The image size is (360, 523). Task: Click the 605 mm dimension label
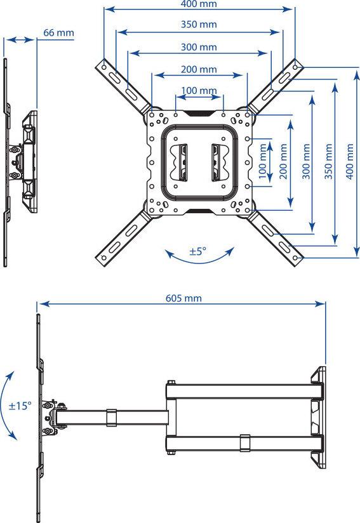pyautogui.click(x=183, y=298)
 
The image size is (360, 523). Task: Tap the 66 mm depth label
pyautogui.click(x=58, y=33)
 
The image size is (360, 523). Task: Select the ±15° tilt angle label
pyautogui.click(x=20, y=406)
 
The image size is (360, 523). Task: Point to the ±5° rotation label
pyautogui.click(x=198, y=251)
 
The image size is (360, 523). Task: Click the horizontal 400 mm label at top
pyautogui.click(x=199, y=4)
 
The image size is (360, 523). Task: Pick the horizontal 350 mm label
pyautogui.click(x=199, y=24)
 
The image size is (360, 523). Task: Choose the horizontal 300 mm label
pyautogui.click(x=199, y=47)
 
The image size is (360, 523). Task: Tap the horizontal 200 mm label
pyautogui.click(x=199, y=69)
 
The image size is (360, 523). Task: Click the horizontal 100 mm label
pyautogui.click(x=199, y=90)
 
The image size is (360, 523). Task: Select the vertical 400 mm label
pyautogui.click(x=349, y=162)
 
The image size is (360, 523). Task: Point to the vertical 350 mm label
pyautogui.click(x=328, y=162)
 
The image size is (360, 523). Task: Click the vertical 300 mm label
pyautogui.click(x=306, y=162)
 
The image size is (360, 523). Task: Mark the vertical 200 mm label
pyautogui.click(x=283, y=162)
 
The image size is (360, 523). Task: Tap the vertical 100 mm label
pyautogui.click(x=263, y=162)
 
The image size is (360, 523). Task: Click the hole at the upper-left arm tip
pyautogui.click(x=103, y=67)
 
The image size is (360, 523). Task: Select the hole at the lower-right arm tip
pyautogui.click(x=295, y=258)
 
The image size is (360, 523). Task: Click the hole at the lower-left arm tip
pyautogui.click(x=103, y=258)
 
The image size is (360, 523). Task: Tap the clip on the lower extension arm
pyautogui.click(x=245, y=443)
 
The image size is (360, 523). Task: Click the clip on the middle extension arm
pyautogui.click(x=112, y=418)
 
